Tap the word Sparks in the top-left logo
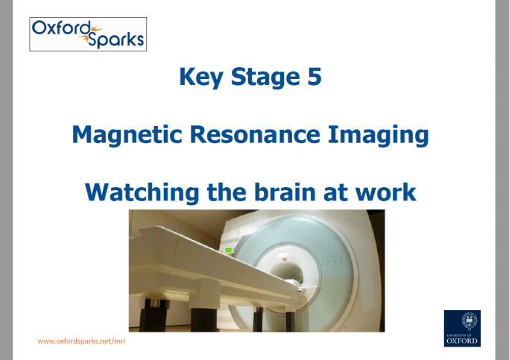click(x=115, y=39)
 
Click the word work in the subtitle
click(x=388, y=192)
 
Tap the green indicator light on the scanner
click(x=230, y=250)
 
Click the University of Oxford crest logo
click(x=462, y=329)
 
